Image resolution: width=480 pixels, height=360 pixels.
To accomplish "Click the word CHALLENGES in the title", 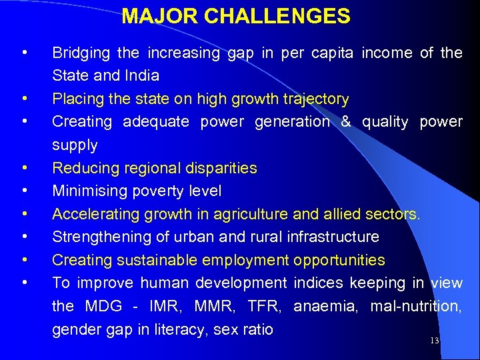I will pyautogui.click(x=279, y=16).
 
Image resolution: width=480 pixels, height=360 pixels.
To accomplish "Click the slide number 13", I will pyautogui.click(x=435, y=341).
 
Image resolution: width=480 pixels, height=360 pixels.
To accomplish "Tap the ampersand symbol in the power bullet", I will pyautogui.click(x=346, y=122).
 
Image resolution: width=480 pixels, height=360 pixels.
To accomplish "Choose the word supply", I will pyautogui.click(x=75, y=145).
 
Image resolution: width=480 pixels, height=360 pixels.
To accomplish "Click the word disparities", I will pyautogui.click(x=219, y=168).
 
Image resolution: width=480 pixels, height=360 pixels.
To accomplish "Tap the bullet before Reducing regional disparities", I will pyautogui.click(x=24, y=168).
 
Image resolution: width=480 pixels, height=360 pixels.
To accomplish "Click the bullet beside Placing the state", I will pyautogui.click(x=24, y=99).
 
